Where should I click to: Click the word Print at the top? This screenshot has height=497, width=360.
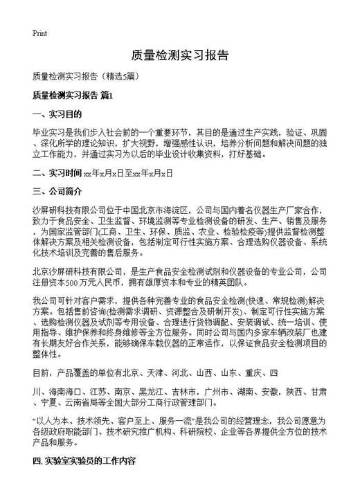[39, 33]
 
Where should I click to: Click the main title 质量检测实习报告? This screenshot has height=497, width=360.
[179, 56]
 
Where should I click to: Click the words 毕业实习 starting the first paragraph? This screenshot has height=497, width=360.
[47, 132]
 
